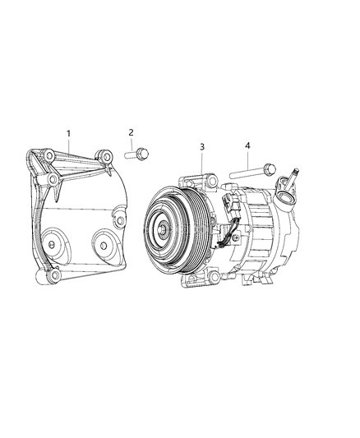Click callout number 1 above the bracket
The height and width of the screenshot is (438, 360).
[x=68, y=134]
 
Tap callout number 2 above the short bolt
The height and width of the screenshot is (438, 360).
[x=131, y=132]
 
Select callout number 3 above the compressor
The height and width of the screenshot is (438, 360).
[x=202, y=147]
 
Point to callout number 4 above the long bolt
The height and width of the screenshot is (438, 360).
[x=247, y=145]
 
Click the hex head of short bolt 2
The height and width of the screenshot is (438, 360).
[x=143, y=153]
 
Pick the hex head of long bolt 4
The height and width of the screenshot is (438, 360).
[x=270, y=169]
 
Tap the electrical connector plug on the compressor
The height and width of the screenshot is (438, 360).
[x=228, y=206]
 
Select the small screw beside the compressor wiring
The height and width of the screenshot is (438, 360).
[x=237, y=237]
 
